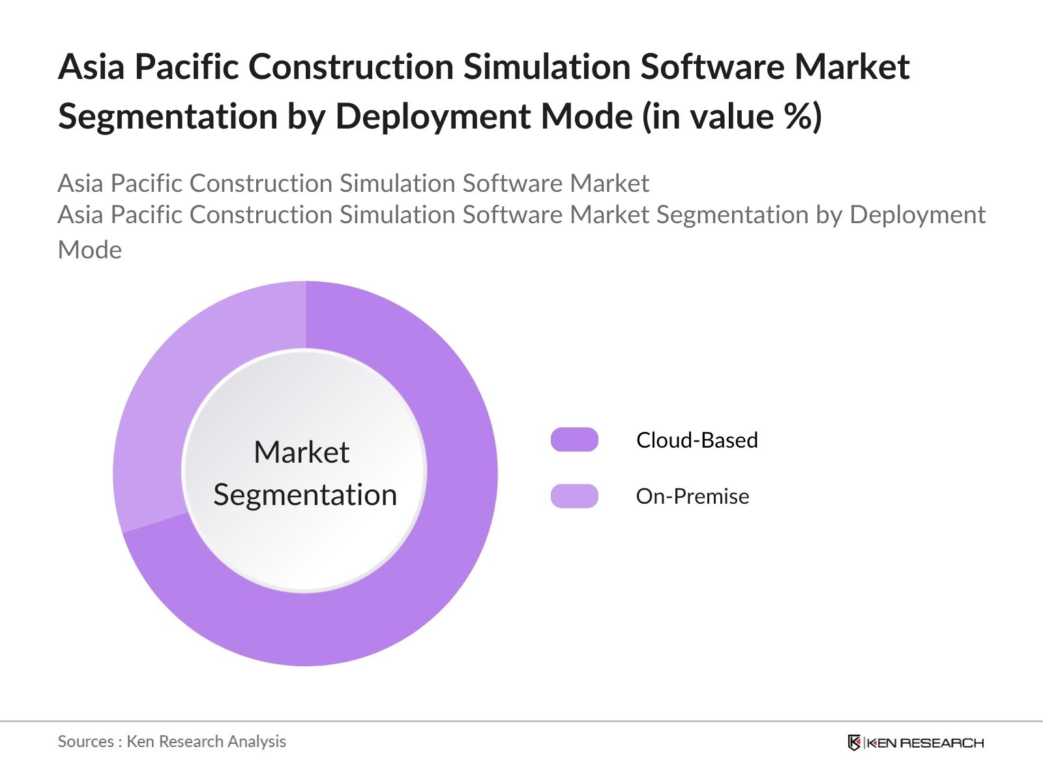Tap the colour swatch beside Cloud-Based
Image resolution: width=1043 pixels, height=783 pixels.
click(574, 440)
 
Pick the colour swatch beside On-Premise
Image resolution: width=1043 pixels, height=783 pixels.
click(574, 496)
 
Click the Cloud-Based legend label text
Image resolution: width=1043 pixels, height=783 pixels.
click(697, 440)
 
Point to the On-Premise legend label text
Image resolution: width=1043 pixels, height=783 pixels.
click(692, 496)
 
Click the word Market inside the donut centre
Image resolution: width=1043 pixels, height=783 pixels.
click(302, 452)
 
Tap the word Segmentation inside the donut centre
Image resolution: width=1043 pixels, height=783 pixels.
click(305, 495)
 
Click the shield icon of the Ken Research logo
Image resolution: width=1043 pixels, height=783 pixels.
click(854, 743)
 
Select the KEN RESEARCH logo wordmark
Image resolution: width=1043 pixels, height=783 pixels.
click(925, 743)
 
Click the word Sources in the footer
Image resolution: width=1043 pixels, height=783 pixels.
click(85, 741)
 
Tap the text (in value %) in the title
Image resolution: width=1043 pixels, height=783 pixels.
click(732, 117)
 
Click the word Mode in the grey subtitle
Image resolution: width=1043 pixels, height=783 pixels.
click(90, 250)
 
